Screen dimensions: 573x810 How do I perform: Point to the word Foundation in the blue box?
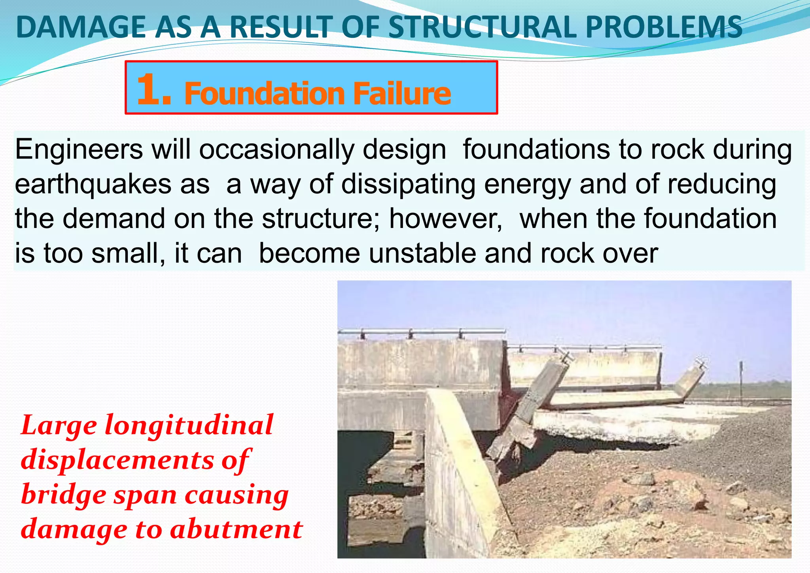(x=265, y=93)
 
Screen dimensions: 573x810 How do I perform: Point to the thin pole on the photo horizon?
(x=741, y=376)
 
